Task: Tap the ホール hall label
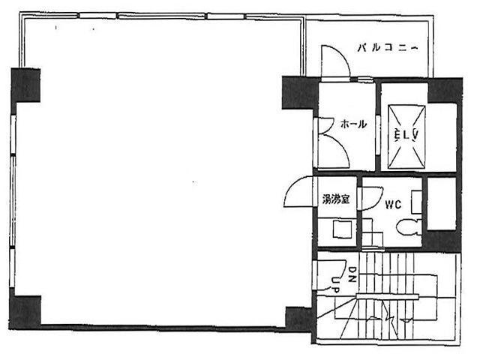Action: pos(353,124)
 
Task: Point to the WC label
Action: pos(394,203)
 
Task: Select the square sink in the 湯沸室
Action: pos(341,229)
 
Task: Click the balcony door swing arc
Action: pos(334,60)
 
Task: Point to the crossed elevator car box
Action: pos(406,136)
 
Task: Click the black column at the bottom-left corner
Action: pos(25,309)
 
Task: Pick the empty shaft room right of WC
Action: pos(442,202)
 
